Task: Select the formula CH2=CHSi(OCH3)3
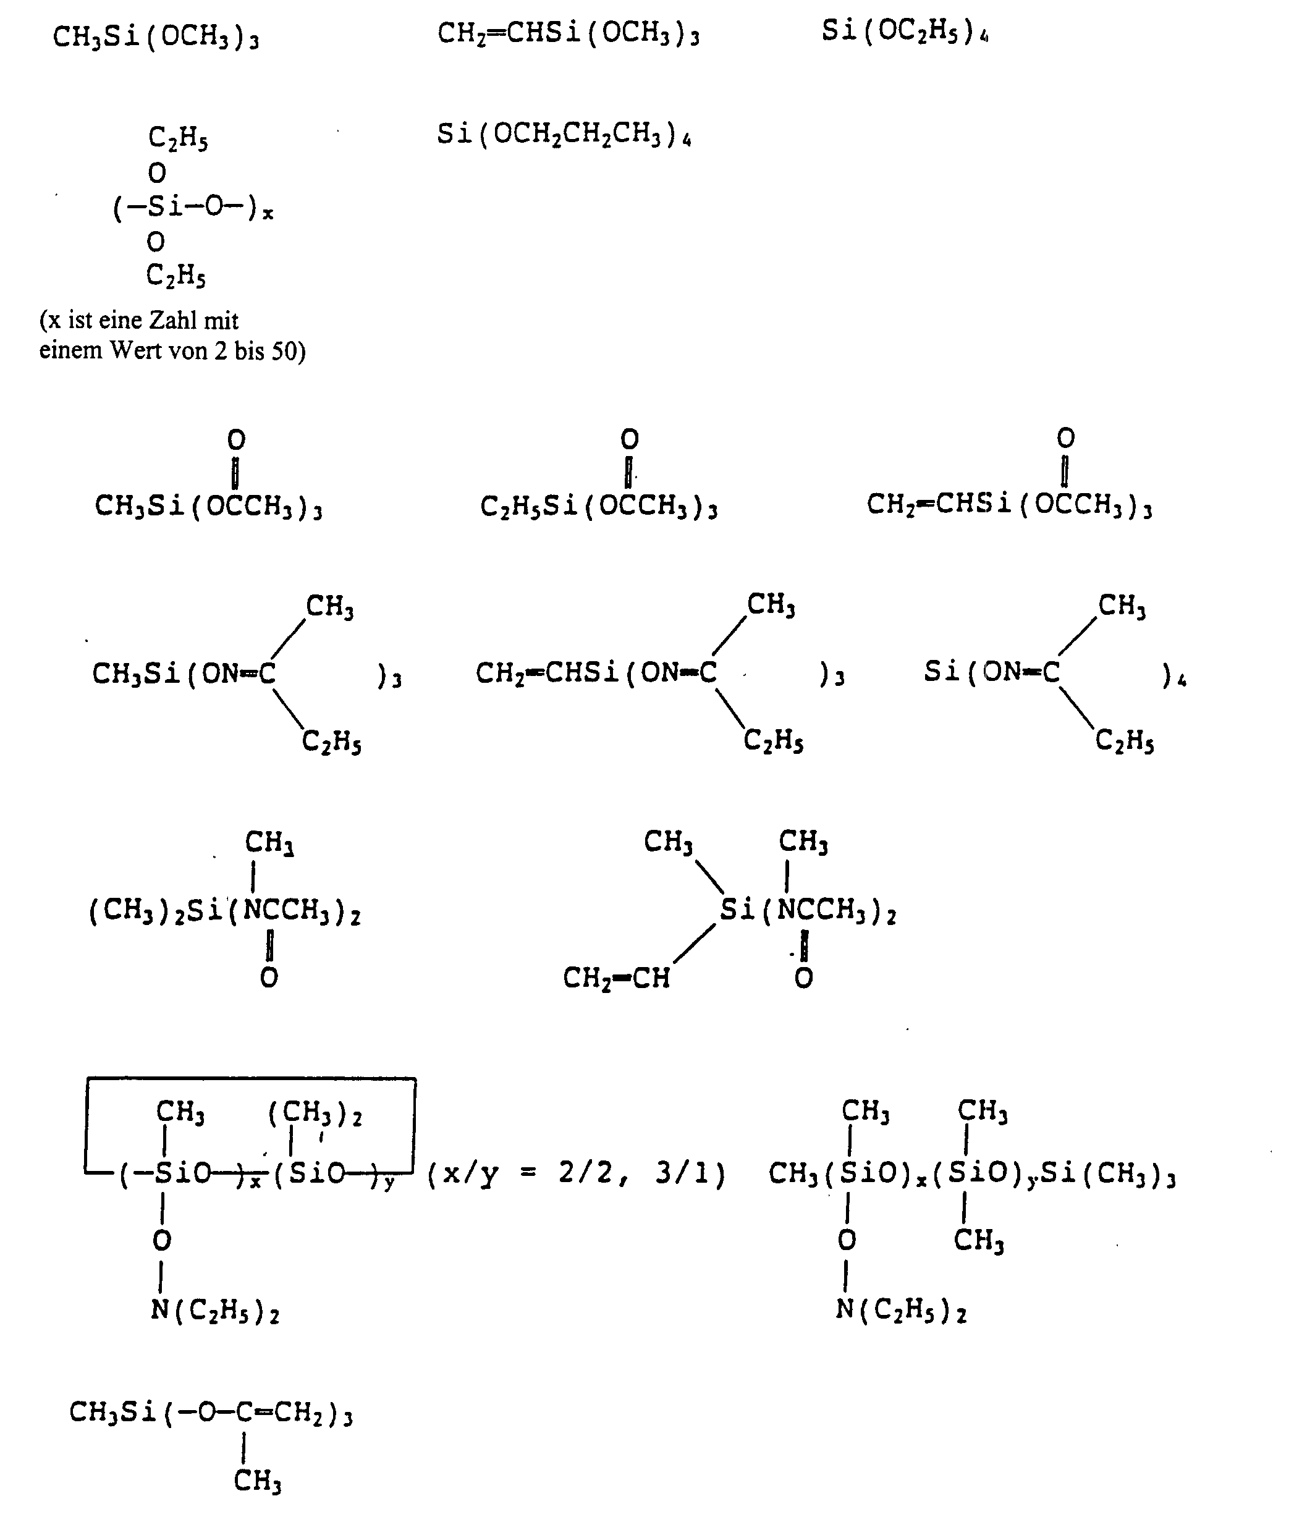click(x=569, y=35)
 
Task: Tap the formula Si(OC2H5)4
click(x=905, y=32)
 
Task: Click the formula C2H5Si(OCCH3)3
click(x=599, y=507)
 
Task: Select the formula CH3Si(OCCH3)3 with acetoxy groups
click(x=208, y=507)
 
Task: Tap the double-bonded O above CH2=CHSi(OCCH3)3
click(x=1065, y=439)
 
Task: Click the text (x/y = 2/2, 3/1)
click(x=576, y=1174)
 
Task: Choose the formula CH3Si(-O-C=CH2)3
click(x=211, y=1413)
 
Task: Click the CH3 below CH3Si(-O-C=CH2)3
click(x=258, y=1481)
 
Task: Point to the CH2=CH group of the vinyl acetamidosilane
click(x=617, y=978)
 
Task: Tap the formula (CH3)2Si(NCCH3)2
click(x=224, y=912)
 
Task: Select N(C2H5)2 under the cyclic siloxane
click(x=215, y=1311)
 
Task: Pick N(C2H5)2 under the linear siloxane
click(x=901, y=1310)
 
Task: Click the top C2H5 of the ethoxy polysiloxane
click(x=179, y=137)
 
